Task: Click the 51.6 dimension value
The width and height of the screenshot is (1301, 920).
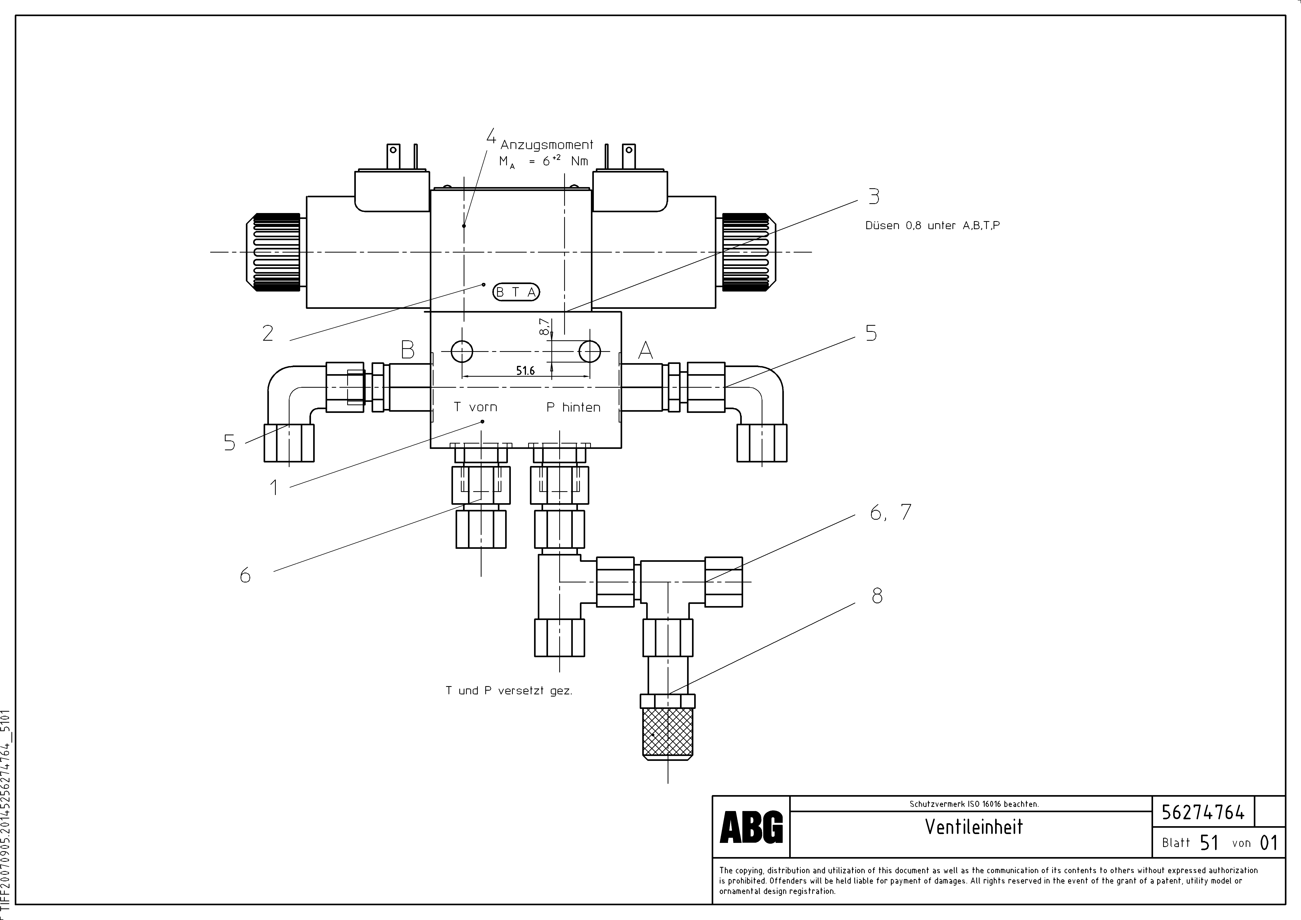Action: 525,371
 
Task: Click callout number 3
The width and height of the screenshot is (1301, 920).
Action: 874,197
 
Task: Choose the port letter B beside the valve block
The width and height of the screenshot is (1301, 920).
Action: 407,350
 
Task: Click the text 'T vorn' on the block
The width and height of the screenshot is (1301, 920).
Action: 475,407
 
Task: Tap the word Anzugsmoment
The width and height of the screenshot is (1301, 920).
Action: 547,145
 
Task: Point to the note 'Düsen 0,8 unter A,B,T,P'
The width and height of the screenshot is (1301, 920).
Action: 932,225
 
